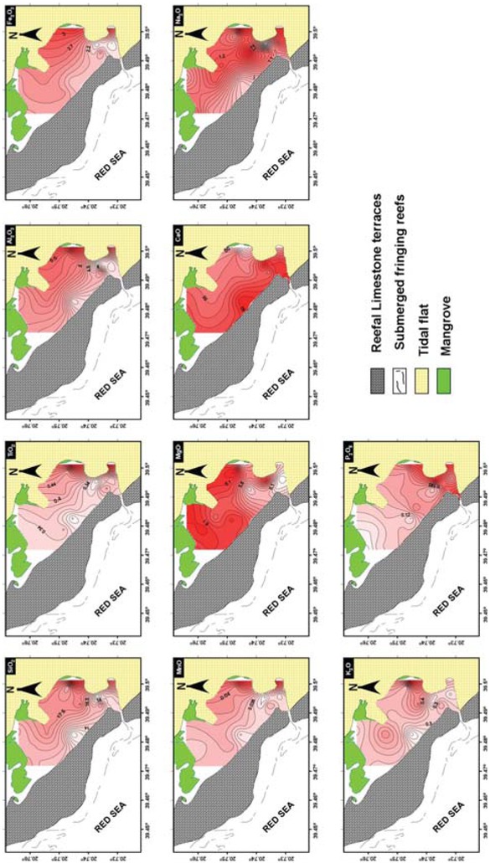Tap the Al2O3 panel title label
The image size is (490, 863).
click(12, 236)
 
